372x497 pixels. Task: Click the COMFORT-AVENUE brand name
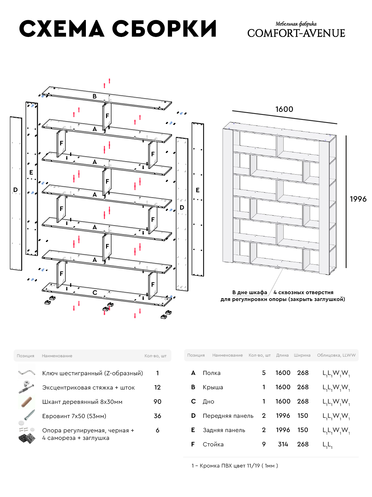(296, 33)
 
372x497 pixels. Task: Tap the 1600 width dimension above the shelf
(284, 109)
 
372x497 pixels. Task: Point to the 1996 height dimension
(358, 199)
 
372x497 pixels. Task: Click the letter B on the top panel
(95, 97)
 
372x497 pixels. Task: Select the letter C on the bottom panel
(95, 293)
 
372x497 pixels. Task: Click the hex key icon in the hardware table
(26, 372)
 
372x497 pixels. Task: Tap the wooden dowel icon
(26, 402)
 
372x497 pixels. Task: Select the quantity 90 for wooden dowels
(157, 402)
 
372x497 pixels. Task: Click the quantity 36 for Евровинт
(157, 416)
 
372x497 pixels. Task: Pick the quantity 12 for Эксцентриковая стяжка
(157, 387)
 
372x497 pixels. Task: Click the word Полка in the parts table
(212, 373)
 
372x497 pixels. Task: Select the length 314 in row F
(283, 445)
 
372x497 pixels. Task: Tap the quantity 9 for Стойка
(264, 445)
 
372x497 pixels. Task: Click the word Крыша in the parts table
(213, 387)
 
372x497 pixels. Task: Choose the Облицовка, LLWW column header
(336, 355)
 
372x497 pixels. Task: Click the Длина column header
(282, 355)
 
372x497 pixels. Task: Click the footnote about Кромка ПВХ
(235, 466)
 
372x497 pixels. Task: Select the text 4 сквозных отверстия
(303, 292)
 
